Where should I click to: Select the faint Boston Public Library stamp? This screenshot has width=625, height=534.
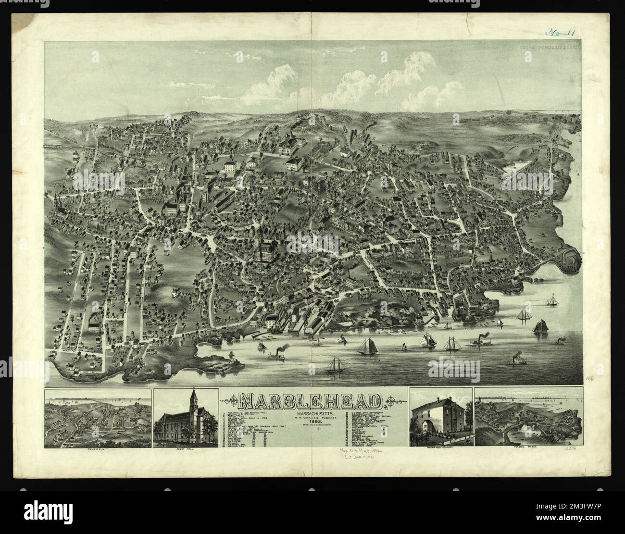[550, 48]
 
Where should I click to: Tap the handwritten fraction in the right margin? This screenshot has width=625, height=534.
[590, 379]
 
